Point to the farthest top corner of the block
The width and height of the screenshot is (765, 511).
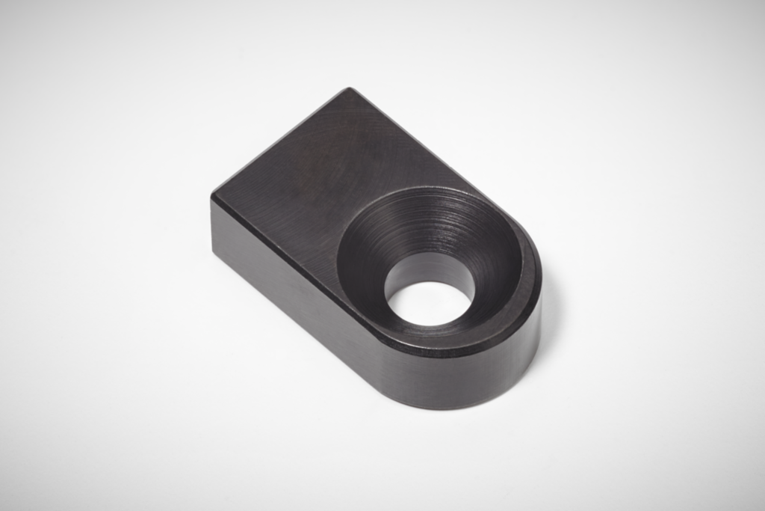347,89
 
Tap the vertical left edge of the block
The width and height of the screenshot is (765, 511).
212,224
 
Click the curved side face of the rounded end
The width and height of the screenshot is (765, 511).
478,374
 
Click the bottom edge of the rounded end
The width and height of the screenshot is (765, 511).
463,408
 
